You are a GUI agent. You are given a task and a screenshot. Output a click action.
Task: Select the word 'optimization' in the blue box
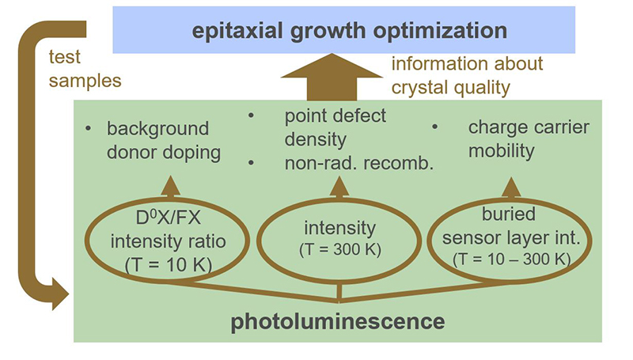[x=440, y=31]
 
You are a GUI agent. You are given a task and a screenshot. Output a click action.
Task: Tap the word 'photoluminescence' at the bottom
[x=338, y=322]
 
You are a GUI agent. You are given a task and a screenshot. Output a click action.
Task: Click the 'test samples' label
[x=85, y=69]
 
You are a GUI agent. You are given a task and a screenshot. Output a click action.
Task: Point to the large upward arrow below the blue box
[x=332, y=77]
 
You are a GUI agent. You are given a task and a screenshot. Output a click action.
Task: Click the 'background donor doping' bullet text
[x=164, y=141]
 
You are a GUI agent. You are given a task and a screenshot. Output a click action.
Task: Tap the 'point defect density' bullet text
[x=335, y=128]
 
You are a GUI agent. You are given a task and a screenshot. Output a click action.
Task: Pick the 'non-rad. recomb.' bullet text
[x=359, y=163]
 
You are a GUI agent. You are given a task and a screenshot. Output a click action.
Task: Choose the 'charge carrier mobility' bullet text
[x=529, y=139]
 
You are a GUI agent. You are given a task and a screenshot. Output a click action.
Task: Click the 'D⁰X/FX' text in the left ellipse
[x=168, y=218]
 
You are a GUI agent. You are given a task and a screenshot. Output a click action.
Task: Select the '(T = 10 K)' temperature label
[x=169, y=265]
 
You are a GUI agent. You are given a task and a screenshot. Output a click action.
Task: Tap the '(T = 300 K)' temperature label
[x=340, y=249]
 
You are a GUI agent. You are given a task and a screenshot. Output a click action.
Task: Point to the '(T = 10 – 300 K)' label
[x=511, y=259]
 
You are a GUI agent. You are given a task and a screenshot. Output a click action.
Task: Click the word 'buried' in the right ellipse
[x=509, y=214]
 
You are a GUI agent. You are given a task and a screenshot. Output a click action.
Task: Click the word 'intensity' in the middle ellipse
[x=340, y=229]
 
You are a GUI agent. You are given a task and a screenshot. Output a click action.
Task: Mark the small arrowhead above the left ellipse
[x=170, y=186]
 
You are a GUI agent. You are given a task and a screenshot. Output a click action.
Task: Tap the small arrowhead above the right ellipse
[x=511, y=187]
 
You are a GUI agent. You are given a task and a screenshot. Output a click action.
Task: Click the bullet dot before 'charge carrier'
[x=434, y=127]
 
